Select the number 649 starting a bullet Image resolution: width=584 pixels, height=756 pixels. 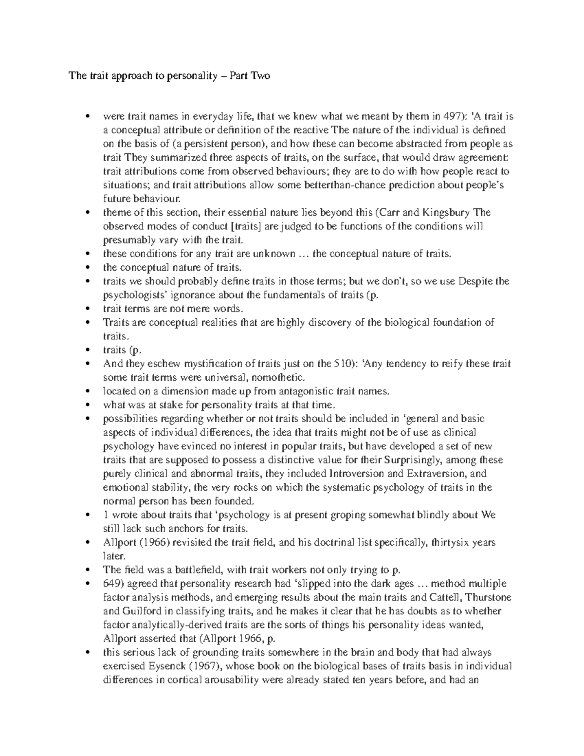(x=111, y=584)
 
